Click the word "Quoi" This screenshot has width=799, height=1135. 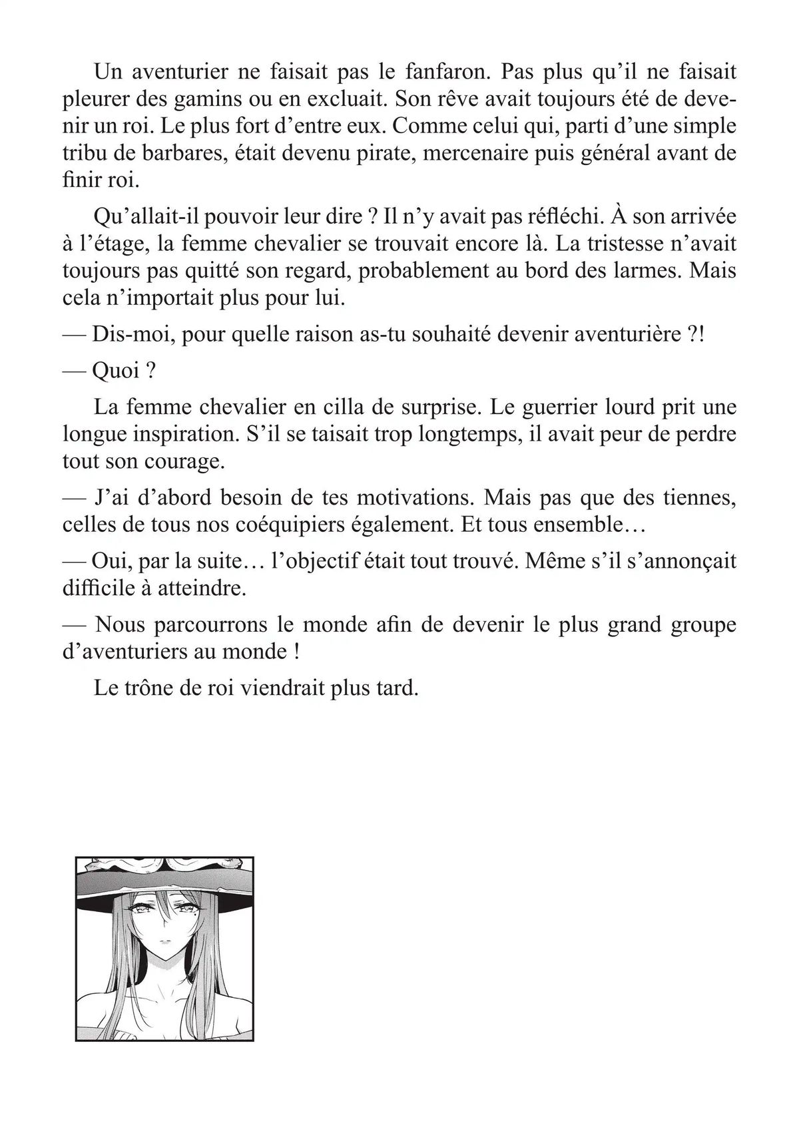[117, 371]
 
